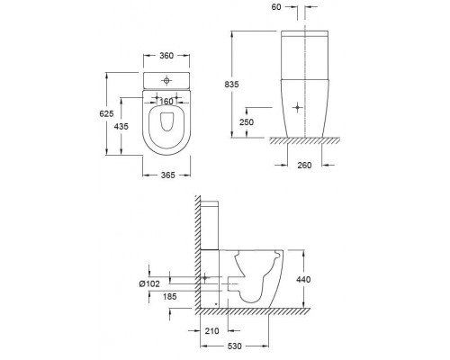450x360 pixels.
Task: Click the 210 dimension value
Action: tap(212, 331)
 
